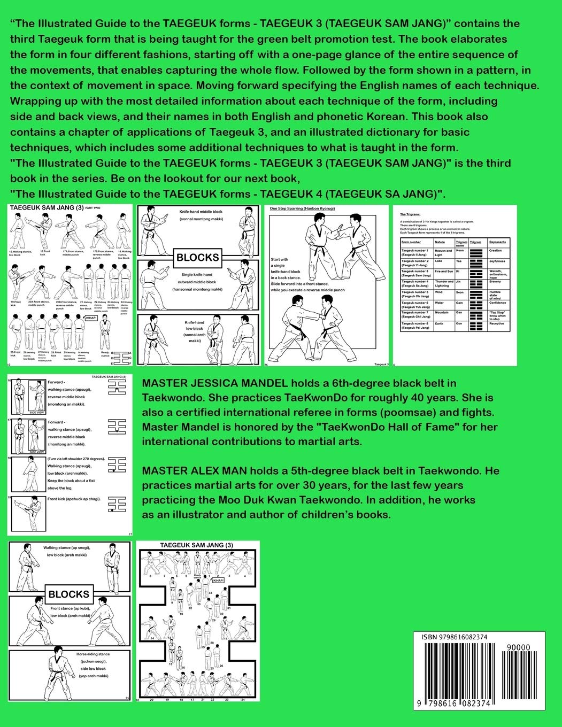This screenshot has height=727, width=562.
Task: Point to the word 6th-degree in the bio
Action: (x=352, y=383)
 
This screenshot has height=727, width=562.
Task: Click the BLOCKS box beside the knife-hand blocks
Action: (x=197, y=257)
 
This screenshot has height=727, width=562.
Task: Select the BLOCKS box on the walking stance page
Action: (x=69, y=594)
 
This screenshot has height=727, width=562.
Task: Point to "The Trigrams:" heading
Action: (x=412, y=213)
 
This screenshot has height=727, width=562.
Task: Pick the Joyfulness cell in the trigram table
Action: (x=497, y=261)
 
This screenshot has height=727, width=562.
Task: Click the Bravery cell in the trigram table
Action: (x=496, y=282)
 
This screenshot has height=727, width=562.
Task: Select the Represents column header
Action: (x=497, y=242)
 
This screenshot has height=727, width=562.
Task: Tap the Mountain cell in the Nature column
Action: (x=442, y=313)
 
